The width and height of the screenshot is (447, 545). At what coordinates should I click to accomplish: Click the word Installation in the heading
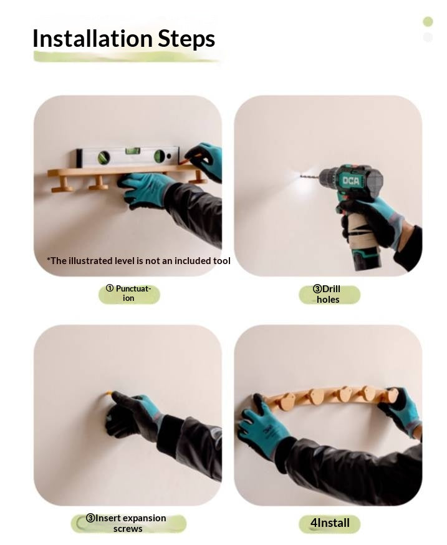[x=92, y=38]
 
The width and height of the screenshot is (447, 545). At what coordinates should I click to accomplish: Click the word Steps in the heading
[x=186, y=39]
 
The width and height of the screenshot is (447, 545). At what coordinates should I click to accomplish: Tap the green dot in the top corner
[x=428, y=22]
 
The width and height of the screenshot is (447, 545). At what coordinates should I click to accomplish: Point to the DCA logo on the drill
[x=350, y=180]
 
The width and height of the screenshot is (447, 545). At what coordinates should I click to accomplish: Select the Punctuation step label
[x=129, y=293]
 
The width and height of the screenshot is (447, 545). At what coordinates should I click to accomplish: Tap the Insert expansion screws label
[x=128, y=523]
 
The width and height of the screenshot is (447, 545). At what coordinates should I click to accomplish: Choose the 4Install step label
[x=330, y=523]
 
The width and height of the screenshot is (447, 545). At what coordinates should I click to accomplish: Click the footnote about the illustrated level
[x=138, y=261]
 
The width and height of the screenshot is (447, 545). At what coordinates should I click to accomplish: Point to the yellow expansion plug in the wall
[x=109, y=393]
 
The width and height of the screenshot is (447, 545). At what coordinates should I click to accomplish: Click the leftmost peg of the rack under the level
[x=62, y=185]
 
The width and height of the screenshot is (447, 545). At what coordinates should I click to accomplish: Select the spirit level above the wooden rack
[x=128, y=157]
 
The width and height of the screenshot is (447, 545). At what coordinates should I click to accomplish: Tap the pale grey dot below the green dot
[x=428, y=37]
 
